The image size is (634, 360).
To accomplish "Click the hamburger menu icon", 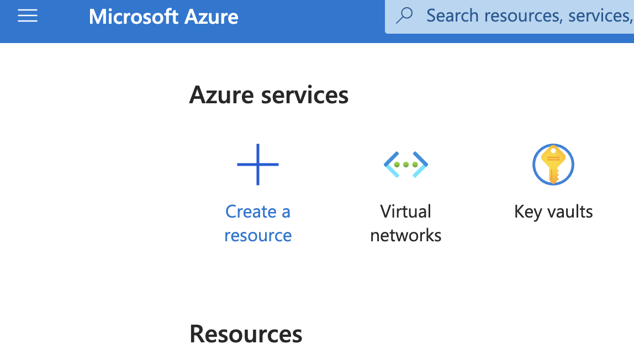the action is click(28, 17).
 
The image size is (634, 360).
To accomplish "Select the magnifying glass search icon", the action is click(405, 15).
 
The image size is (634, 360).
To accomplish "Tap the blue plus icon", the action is click(258, 165).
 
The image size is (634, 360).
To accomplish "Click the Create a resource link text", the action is click(258, 223).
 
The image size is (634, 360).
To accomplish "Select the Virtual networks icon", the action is click(406, 165).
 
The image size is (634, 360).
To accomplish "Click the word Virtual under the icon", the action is click(406, 211).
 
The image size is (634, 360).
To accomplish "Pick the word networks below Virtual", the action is click(406, 235).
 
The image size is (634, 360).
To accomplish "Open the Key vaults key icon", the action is click(553, 165).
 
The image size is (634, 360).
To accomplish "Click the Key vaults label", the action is click(553, 211).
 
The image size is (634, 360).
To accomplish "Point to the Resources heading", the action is click(246, 334).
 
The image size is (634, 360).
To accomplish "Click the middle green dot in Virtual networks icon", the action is click(406, 165).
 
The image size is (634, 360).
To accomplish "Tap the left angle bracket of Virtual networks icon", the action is click(390, 163).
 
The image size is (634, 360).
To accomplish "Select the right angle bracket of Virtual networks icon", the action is click(421, 165).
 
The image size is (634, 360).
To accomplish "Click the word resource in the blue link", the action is click(258, 235).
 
